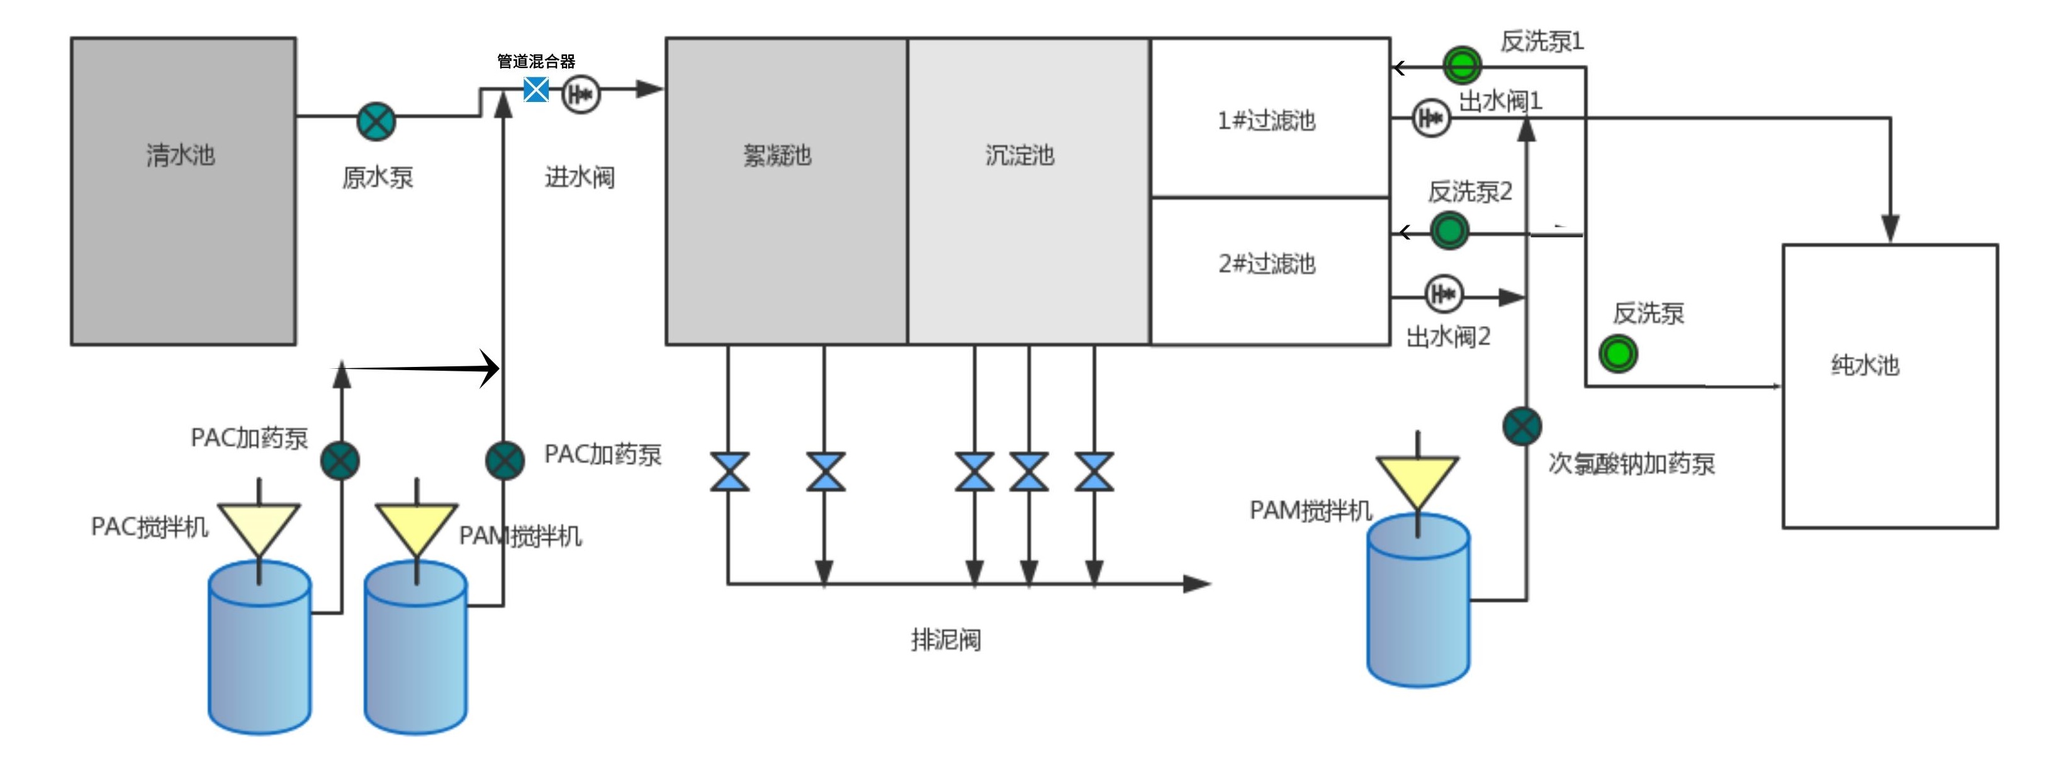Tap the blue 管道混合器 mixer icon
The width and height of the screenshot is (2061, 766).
(x=536, y=89)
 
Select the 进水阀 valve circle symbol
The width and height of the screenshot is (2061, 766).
(x=581, y=94)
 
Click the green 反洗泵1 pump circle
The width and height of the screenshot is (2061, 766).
(x=1462, y=65)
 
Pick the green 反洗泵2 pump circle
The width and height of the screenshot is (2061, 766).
(x=1449, y=232)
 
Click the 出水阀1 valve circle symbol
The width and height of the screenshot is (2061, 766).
(x=1430, y=118)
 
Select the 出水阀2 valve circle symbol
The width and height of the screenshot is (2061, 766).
(x=1444, y=295)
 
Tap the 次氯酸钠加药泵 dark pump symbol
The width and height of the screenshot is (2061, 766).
(x=1522, y=426)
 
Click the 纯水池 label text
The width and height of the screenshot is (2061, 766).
(x=1864, y=366)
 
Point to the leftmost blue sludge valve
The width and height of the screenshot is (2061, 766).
(x=729, y=471)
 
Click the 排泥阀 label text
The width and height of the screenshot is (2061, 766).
(x=946, y=640)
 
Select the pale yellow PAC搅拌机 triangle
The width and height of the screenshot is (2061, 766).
(x=259, y=525)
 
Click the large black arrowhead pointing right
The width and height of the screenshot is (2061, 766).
(x=490, y=368)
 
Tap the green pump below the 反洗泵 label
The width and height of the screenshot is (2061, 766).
(x=1618, y=354)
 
